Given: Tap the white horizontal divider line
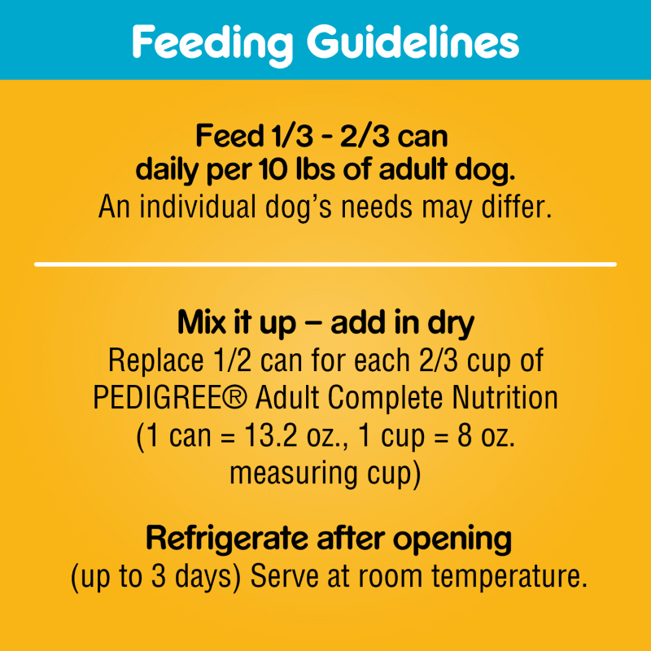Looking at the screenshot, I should pos(325,264).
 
